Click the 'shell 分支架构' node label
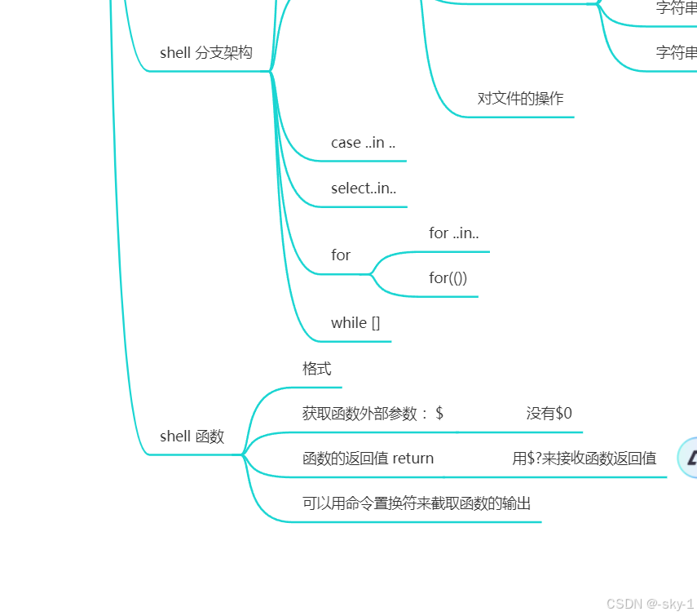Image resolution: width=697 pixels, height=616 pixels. (x=205, y=53)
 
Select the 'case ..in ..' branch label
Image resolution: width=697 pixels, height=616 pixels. (x=363, y=143)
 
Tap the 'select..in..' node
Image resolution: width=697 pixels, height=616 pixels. (x=364, y=188)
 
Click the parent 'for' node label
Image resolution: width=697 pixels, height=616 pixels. (x=341, y=255)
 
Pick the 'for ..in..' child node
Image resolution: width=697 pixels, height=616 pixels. (x=454, y=233)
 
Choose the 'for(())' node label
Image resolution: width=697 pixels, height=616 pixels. (x=448, y=278)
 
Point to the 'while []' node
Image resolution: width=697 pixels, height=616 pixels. (x=355, y=323)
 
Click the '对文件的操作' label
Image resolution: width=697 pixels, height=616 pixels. (x=520, y=99)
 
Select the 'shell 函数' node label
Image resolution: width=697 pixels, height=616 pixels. (x=192, y=437)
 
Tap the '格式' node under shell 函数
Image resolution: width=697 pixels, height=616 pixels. (x=317, y=369)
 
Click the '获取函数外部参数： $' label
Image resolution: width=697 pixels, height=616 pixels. (x=373, y=414)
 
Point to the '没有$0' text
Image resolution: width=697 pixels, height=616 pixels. (x=549, y=414)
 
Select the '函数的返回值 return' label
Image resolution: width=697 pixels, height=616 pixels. (x=368, y=459)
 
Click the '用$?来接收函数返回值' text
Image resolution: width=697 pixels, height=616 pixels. (x=584, y=459)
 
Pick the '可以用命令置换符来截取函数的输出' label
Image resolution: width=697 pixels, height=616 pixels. (x=417, y=503)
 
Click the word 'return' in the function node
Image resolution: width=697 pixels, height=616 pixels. (x=413, y=459)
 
